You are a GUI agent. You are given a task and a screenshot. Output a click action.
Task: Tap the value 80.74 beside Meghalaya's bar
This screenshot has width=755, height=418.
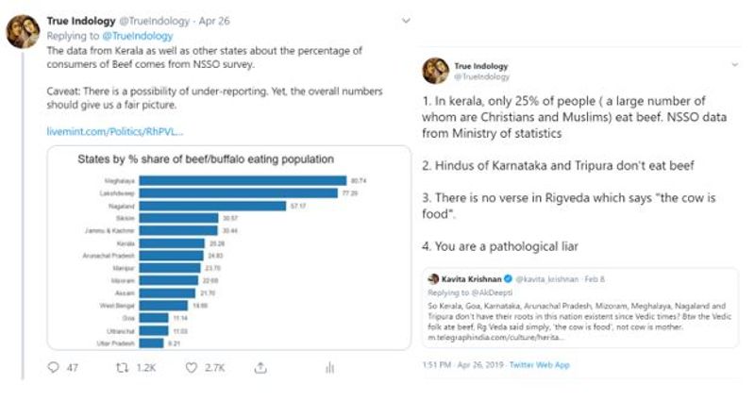point(359,179)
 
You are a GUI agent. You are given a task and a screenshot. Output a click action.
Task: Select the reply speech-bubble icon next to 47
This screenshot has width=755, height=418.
point(52,369)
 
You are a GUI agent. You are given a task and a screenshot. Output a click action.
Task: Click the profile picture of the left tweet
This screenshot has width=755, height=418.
point(22,32)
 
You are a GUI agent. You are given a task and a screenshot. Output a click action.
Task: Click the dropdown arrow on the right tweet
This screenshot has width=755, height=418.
point(734,64)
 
